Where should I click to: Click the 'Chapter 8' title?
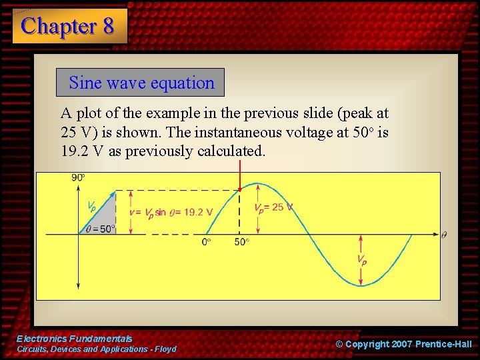click(68, 26)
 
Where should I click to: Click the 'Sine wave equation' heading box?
click(141, 83)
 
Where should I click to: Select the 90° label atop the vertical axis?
click(78, 177)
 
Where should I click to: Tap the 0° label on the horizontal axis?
click(207, 242)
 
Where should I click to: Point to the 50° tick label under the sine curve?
click(241, 242)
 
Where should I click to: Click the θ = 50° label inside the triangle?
click(101, 229)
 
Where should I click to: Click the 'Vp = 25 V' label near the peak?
click(273, 207)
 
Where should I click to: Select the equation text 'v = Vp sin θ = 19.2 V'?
click(171, 213)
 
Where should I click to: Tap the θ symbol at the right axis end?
click(444, 235)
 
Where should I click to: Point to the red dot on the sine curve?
click(240, 190)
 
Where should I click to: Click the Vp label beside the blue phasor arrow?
click(92, 206)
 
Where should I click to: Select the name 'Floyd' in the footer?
click(165, 349)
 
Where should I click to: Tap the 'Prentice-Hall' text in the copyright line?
click(443, 344)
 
